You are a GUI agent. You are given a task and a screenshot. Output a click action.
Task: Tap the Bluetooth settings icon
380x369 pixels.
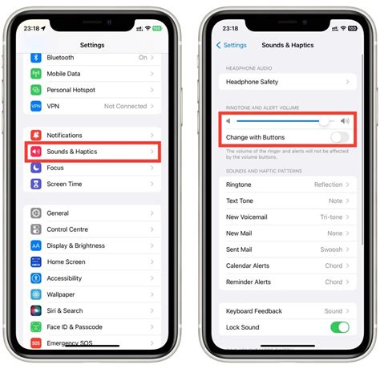(36, 58)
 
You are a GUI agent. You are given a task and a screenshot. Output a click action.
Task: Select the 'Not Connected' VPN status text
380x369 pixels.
(125, 106)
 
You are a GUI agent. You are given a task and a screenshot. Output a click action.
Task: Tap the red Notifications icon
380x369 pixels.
(36, 136)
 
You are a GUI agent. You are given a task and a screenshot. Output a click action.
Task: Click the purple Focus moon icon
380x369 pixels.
(36, 168)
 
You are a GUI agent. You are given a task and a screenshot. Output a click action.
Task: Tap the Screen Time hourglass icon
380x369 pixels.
(36, 184)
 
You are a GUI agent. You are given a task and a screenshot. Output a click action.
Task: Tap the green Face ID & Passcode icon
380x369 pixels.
(36, 327)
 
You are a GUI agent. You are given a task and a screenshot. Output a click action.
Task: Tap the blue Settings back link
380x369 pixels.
(232, 45)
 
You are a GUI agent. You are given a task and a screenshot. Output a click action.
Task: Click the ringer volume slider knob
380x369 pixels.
(324, 121)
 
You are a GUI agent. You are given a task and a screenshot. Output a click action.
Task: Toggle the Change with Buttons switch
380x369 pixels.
(339, 137)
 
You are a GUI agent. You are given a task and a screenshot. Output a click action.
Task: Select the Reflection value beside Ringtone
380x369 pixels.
(328, 184)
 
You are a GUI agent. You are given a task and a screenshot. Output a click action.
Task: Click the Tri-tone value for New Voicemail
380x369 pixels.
(331, 217)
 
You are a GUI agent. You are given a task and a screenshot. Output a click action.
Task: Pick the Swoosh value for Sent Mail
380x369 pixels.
(330, 249)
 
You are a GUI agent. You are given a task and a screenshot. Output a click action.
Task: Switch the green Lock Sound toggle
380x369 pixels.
(339, 327)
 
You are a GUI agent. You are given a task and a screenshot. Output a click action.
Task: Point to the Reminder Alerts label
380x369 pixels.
(249, 282)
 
